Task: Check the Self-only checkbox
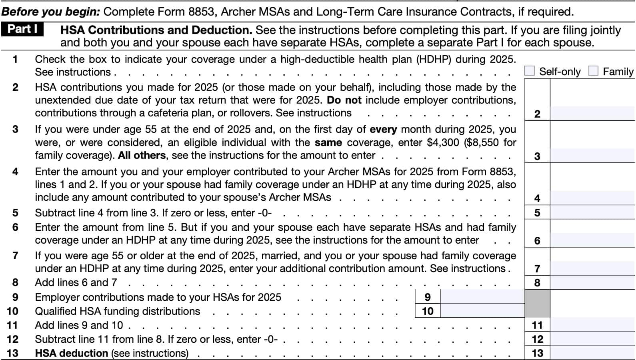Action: tap(529, 71)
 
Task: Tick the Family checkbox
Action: tap(593, 71)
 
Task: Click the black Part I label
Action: tap(22, 29)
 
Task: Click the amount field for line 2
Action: tap(592, 114)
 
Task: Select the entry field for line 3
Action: tap(592, 156)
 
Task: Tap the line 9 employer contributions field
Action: tap(482, 297)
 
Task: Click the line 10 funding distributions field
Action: tap(482, 311)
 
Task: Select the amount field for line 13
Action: tap(592, 353)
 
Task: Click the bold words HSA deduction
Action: tap(72, 353)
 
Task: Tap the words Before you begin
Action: tap(51, 12)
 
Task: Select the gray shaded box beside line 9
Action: tap(537, 304)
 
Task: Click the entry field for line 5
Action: tap(592, 212)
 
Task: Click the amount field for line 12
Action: tap(592, 339)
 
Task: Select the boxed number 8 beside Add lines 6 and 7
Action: tap(537, 283)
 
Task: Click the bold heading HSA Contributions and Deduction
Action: tap(156, 30)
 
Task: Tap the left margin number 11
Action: tap(12, 325)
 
